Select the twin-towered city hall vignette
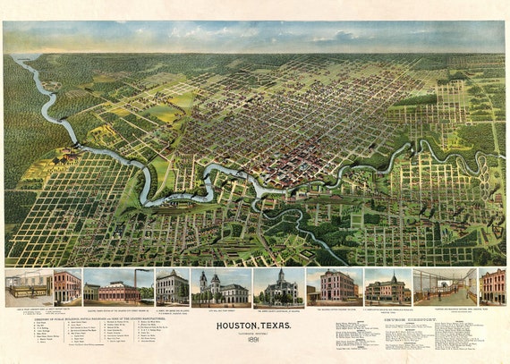point(220,288)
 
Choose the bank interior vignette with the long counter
point(445,288)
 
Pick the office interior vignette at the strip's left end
point(27,288)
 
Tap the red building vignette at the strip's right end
point(492,288)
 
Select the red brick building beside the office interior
point(65,288)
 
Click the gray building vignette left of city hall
point(172,288)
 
